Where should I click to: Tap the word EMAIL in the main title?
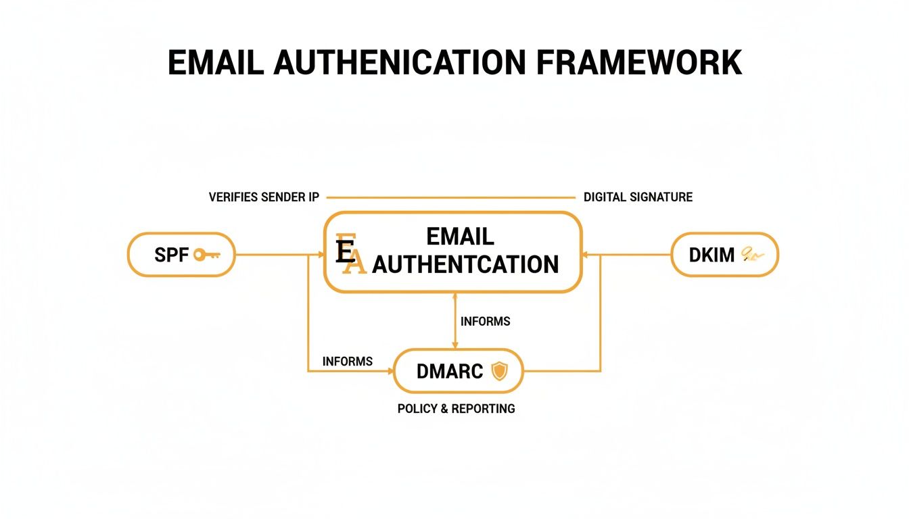[216, 63]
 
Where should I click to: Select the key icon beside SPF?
[207, 255]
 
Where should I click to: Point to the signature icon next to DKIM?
[751, 255]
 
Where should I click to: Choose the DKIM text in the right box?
[712, 255]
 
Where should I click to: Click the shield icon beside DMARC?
[498, 370]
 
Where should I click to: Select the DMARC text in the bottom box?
[450, 371]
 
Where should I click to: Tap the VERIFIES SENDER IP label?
[264, 197]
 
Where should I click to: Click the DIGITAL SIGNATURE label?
[638, 197]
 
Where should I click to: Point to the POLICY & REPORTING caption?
[456, 409]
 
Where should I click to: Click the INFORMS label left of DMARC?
[348, 362]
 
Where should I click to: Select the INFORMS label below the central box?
[485, 322]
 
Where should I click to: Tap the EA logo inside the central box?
[349, 255]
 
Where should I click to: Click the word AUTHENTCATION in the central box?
[465, 264]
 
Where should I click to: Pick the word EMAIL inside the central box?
[460, 237]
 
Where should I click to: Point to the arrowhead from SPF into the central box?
[321, 255]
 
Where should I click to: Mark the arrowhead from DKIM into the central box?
[585, 255]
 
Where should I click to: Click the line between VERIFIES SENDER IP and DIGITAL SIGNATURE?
[450, 198]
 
